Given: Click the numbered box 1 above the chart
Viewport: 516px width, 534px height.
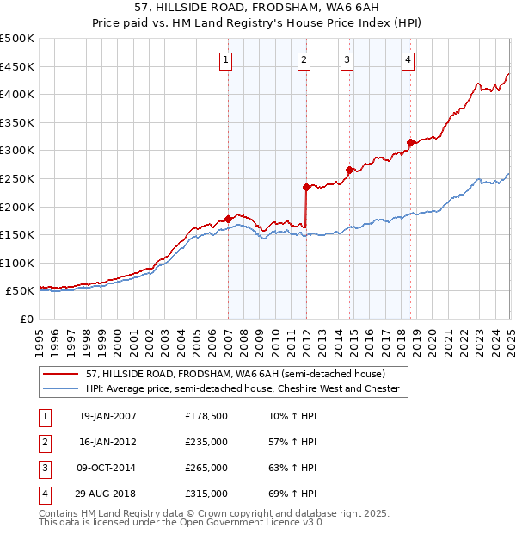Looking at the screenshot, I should point(225,59).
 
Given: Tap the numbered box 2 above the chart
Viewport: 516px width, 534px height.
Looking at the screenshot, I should point(304,59).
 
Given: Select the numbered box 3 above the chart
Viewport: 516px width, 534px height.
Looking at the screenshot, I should point(347,59).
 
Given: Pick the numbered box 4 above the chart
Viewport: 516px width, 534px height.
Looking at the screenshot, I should point(408,59).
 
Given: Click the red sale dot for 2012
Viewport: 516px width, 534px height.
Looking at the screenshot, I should point(306,186).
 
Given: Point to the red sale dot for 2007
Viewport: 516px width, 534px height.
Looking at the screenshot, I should point(228,219).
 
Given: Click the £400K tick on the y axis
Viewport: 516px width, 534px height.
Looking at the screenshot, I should point(17,94).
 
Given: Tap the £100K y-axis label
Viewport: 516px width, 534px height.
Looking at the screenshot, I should point(17,263).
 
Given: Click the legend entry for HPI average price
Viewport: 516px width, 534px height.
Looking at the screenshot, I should point(243,389).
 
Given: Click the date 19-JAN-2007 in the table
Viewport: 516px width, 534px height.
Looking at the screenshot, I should point(107,416).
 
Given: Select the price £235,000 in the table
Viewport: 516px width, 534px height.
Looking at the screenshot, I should point(206,442).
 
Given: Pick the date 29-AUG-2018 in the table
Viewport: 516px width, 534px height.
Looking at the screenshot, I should point(107,494).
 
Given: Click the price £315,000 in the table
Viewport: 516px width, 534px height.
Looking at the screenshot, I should point(206,494).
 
